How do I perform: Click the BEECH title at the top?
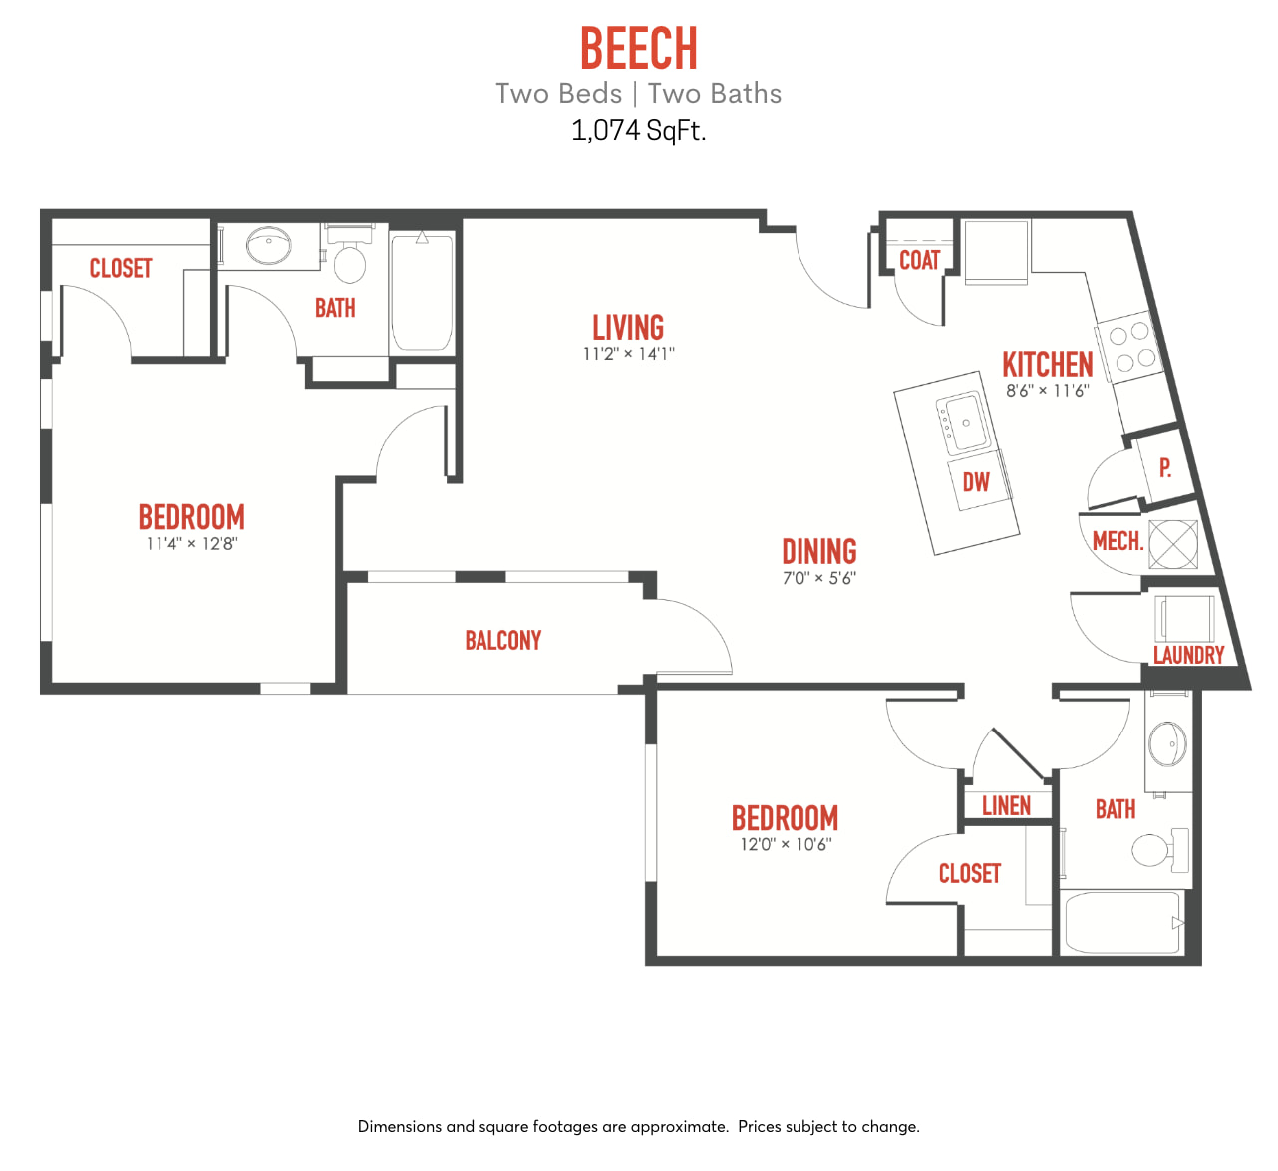638,48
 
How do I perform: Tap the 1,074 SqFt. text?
638,130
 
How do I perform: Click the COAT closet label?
919,260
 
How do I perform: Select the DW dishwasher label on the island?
976,482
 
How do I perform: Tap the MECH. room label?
1118,541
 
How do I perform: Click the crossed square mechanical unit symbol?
1173,544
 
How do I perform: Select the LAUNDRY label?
1189,655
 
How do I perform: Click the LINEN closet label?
1006,806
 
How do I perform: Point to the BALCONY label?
502,640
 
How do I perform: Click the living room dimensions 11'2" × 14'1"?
628,354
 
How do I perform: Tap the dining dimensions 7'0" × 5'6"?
819,578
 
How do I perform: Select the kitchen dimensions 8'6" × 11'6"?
1048,391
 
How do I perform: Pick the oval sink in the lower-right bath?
1167,744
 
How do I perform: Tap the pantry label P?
1165,468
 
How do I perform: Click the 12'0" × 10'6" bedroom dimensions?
786,845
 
